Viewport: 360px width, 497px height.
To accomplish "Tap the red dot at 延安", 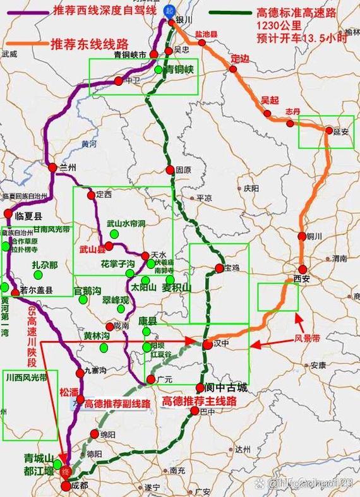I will pyautogui.click(x=329, y=131).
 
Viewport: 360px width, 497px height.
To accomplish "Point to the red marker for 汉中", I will pyautogui.click(x=207, y=345).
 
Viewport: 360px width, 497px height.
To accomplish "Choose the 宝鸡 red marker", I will pyautogui.click(x=219, y=268).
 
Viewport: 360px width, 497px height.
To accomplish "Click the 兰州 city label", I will pyautogui.click(x=67, y=168).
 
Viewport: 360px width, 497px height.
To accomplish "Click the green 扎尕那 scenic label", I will pyautogui.click(x=45, y=265).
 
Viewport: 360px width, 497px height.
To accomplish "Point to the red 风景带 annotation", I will pyautogui.click(x=309, y=338).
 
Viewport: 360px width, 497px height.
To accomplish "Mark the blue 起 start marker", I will pyautogui.click(x=168, y=11).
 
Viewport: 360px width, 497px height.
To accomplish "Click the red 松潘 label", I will pyautogui.click(x=69, y=392).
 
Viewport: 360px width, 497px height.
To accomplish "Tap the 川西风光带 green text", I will pyautogui.click(x=26, y=378).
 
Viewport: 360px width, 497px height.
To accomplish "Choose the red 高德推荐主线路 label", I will pyautogui.click(x=199, y=402).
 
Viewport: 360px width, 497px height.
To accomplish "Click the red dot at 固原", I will pyautogui.click(x=170, y=169).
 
